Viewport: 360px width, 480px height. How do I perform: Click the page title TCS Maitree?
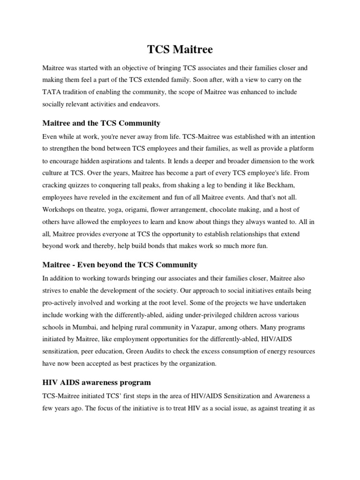tap(180, 49)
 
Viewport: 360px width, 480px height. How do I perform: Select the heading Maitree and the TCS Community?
tap(101, 123)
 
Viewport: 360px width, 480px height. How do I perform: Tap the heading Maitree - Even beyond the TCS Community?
tap(120, 265)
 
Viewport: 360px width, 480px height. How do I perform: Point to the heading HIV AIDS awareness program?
tap(97, 382)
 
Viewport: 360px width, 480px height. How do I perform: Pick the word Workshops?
tap(59, 210)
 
